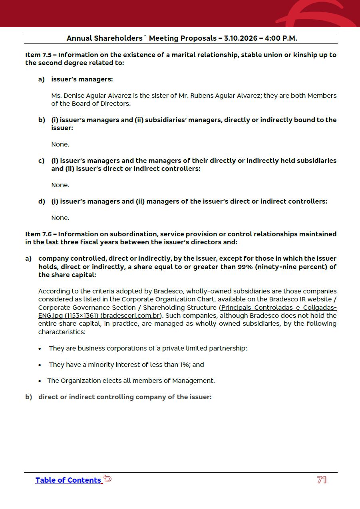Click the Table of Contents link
pyautogui.click(x=68, y=480)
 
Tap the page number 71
pyautogui.click(x=322, y=480)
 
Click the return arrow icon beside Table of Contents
pyautogui.click(x=107, y=478)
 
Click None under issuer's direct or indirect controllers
pyautogui.click(x=60, y=185)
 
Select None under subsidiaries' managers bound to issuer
pyautogui.click(x=60, y=145)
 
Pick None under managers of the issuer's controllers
pyautogui.click(x=60, y=218)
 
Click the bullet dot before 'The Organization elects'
pyautogui.click(x=40, y=381)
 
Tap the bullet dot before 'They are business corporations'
pyautogui.click(x=40, y=349)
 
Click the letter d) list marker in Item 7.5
pyautogui.click(x=42, y=202)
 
